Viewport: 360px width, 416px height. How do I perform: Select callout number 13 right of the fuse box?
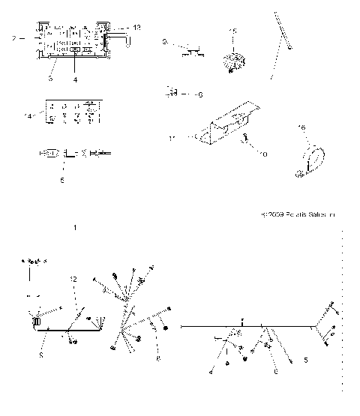coord(136,27)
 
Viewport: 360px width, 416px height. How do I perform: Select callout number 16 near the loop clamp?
coord(302,128)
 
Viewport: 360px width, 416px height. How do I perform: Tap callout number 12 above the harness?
coord(73,279)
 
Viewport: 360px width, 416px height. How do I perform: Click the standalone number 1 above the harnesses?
coord(74,226)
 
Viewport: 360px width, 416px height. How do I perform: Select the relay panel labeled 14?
coord(72,110)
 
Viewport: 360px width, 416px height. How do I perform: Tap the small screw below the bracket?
coord(246,137)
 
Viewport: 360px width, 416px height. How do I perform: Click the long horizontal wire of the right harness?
coord(247,327)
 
